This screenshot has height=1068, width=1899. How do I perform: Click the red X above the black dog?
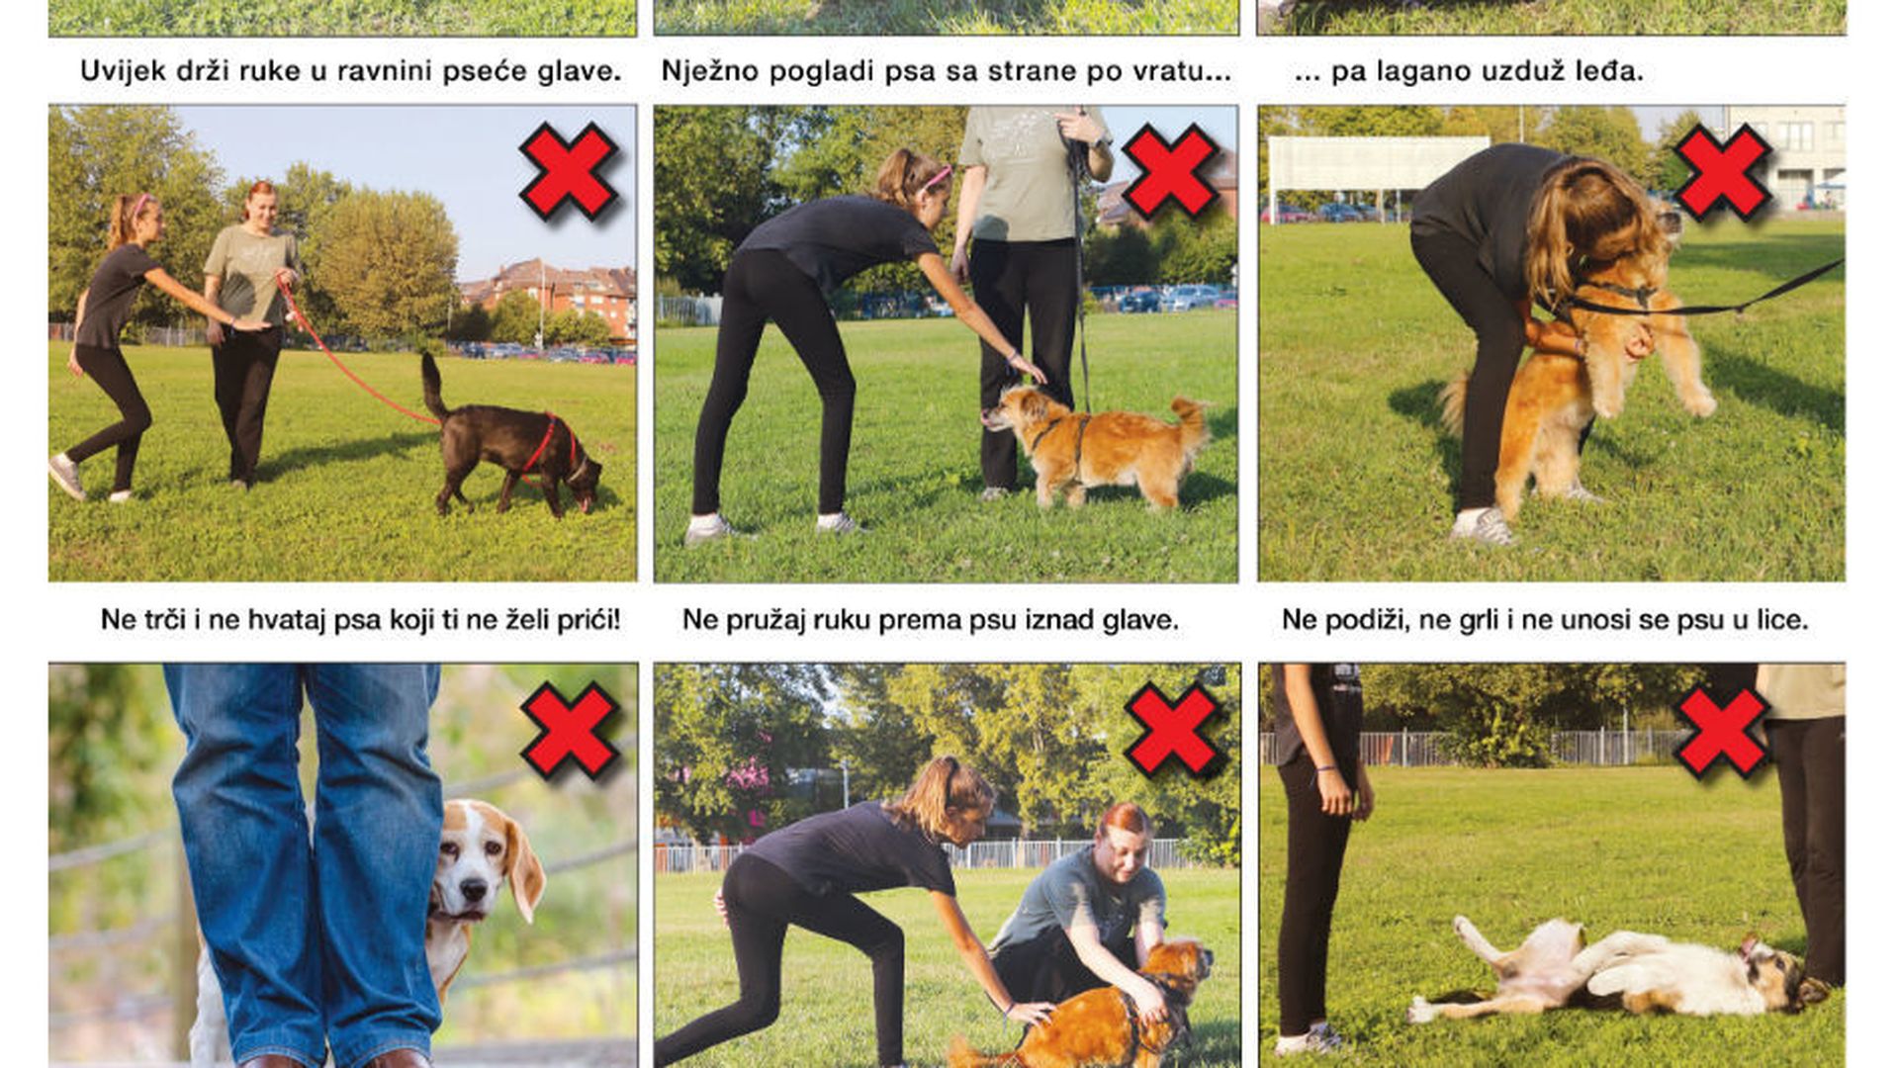pyautogui.click(x=569, y=172)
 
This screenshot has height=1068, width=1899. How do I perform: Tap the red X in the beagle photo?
pyautogui.click(x=571, y=730)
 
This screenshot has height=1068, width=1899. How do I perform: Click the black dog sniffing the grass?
pyautogui.click(x=510, y=441)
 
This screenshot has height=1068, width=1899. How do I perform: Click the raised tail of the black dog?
pyautogui.click(x=433, y=385)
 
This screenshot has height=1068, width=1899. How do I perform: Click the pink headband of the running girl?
pyautogui.click(x=142, y=204)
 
